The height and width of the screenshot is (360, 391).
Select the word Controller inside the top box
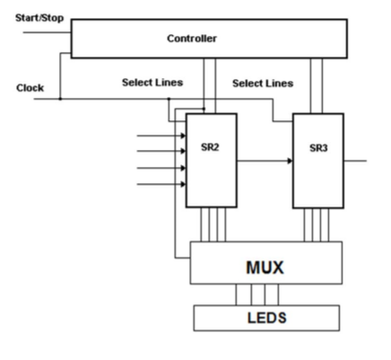191,39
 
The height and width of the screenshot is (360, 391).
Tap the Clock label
30,88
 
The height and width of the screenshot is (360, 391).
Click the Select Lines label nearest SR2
152,83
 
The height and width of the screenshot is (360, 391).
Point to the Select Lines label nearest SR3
263,83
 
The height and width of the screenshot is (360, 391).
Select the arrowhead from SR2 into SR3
289,161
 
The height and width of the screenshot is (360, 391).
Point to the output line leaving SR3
354,161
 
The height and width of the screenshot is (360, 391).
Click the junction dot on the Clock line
61,99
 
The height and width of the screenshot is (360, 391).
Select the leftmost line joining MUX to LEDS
238,294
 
